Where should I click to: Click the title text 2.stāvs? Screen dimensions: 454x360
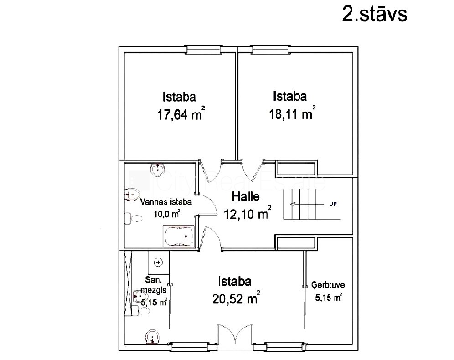(x=375, y=14)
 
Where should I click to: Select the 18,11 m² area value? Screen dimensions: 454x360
(x=292, y=113)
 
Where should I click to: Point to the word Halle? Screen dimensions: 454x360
(x=246, y=197)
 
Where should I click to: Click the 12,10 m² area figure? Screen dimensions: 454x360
(x=248, y=213)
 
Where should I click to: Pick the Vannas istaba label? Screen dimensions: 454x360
(x=166, y=202)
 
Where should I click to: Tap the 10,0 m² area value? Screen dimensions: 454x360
(x=167, y=214)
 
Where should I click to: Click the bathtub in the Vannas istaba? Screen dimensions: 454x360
(x=178, y=237)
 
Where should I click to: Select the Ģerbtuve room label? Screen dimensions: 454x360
(x=328, y=285)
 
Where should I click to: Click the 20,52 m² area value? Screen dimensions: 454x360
(x=236, y=298)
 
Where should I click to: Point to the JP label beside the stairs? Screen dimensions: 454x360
(x=333, y=204)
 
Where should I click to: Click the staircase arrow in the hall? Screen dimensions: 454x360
(x=307, y=204)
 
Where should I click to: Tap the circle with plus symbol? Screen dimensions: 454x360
(x=158, y=262)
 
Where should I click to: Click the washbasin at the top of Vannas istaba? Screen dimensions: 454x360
(x=158, y=169)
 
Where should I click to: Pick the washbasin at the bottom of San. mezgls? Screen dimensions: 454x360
(x=152, y=337)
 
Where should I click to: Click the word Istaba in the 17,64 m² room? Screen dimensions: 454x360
(x=179, y=97)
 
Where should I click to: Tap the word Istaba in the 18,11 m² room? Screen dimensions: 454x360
(x=290, y=96)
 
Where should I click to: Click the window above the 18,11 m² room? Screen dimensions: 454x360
(x=270, y=50)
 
